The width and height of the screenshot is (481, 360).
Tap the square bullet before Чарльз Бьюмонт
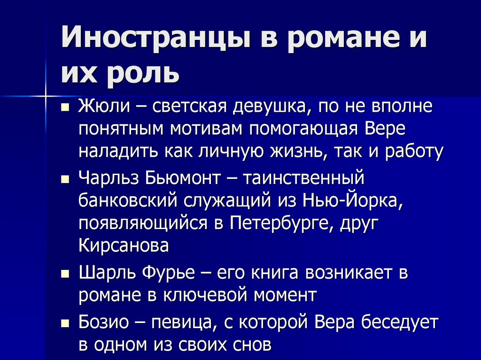point(65,179)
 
